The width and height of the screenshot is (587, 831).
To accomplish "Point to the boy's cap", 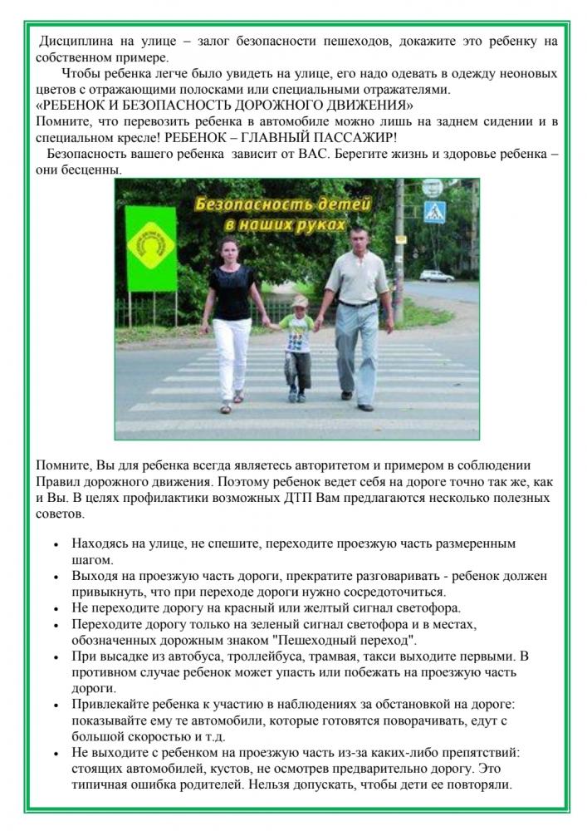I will point(298,301).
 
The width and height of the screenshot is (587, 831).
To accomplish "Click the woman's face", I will point(228,249).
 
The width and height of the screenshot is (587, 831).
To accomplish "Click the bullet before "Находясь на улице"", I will point(55,544).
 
